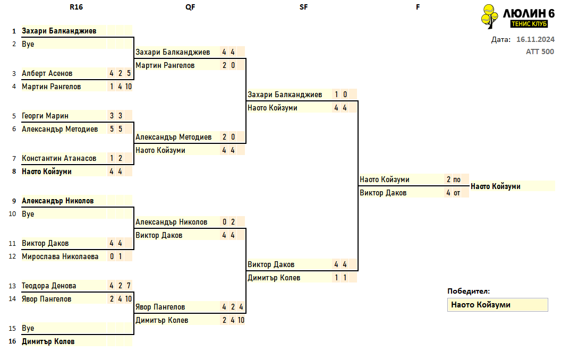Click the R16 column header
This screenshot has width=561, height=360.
pos(76,7)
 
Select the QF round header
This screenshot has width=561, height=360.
pos(190,7)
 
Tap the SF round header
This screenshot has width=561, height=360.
pos(303,7)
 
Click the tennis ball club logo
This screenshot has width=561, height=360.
pos(489,16)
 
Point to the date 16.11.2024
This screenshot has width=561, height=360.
pos(535,39)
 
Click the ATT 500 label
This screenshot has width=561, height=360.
pos(540,52)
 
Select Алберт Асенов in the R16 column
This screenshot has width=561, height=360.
pos(47,73)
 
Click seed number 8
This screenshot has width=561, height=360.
pos(14,172)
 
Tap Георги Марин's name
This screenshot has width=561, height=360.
pos(45,116)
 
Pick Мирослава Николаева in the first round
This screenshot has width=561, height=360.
pos(60,256)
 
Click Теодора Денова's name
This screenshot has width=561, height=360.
pos(49,286)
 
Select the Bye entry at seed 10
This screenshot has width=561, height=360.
pos(28,214)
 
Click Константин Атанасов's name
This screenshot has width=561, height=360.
pos(59,158)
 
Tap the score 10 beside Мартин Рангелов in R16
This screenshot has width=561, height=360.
pos(129,87)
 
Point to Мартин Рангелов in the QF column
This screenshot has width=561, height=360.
pos(165,65)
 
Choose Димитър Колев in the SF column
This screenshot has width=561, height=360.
pos(274,278)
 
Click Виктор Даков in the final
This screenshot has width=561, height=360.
pos(383,193)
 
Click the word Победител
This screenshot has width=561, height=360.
pos(469,292)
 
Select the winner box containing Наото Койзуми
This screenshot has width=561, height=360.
pos(497,305)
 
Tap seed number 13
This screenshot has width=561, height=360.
pos(12,286)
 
